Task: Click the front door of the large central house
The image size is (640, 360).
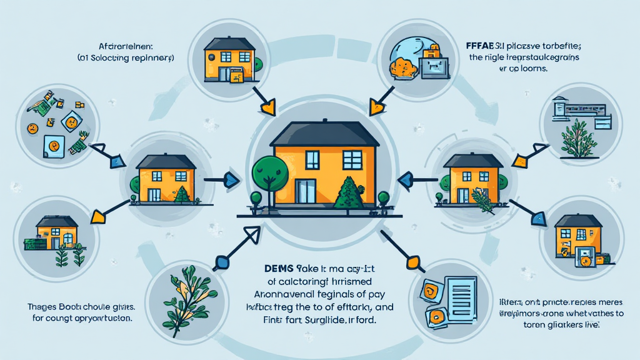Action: (x=306, y=190)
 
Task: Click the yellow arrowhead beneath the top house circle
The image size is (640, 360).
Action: (x=269, y=107)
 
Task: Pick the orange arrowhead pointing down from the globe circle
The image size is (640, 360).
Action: (x=376, y=107)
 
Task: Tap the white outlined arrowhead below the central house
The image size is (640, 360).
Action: (x=251, y=236)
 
